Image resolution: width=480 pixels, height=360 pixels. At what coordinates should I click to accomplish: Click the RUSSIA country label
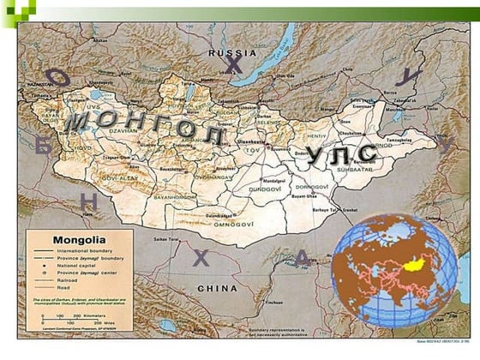point(226,53)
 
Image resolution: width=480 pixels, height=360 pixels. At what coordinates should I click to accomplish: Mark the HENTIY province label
point(317,135)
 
